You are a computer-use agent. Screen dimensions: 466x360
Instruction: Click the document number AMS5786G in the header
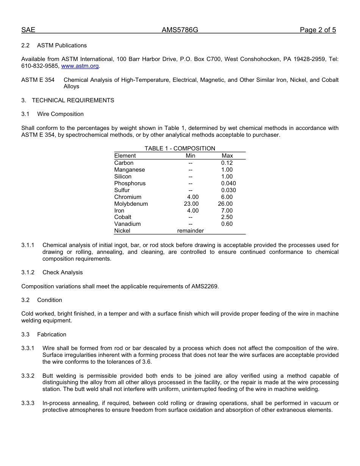pos(180,30)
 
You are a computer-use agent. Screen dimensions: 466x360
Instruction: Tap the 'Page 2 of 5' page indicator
pos(318,30)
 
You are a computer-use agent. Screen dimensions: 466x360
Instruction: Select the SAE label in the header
pos(28,30)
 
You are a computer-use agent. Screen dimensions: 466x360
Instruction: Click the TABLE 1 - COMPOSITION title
pos(180,149)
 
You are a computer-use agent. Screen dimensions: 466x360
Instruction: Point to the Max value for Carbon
pos(227,163)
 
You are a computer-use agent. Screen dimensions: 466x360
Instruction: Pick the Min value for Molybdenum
pos(191,204)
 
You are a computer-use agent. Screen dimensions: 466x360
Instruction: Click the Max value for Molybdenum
pos(225,204)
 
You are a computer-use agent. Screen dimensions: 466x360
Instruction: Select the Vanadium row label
pos(127,224)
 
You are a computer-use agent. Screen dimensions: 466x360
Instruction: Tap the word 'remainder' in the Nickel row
pos(191,231)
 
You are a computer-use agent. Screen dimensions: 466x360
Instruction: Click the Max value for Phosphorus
pos(229,183)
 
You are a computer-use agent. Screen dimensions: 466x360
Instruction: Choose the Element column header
pos(125,156)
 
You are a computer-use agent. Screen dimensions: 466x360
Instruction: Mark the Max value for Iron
pos(227,211)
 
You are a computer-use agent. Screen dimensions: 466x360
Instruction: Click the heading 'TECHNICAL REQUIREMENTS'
pos(73,100)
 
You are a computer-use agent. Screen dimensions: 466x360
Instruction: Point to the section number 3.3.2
pos(28,376)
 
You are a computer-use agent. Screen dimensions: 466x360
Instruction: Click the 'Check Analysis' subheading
pos(63,272)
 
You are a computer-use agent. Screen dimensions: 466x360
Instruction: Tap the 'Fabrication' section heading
pos(52,335)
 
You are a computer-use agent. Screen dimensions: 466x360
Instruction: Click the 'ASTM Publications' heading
pos(62,45)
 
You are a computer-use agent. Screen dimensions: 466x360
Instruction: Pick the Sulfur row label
pos(122,190)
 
